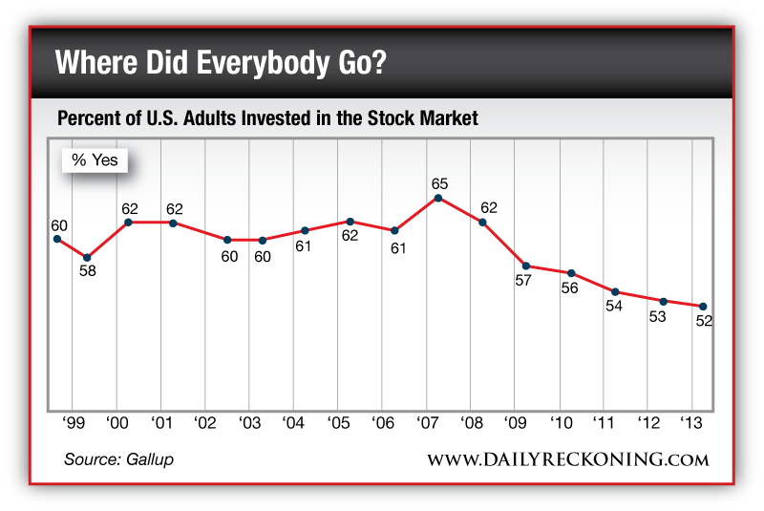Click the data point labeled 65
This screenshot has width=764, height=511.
(x=438, y=198)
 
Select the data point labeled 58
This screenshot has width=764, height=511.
(x=87, y=257)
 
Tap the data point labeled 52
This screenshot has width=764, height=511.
(x=704, y=307)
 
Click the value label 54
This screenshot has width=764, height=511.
(x=615, y=307)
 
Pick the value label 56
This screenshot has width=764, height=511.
(x=570, y=287)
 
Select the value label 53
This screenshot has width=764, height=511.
(x=657, y=316)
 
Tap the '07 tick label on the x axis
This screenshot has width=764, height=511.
(x=426, y=421)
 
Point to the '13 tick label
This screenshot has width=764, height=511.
(x=692, y=421)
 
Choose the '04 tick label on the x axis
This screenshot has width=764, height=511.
(x=293, y=421)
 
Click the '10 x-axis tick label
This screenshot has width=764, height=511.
(x=560, y=421)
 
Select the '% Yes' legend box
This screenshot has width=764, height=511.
(x=95, y=160)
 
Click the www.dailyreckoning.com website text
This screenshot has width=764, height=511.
(x=567, y=459)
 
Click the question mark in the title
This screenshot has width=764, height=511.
(x=380, y=65)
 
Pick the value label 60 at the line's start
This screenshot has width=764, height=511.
(x=59, y=225)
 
